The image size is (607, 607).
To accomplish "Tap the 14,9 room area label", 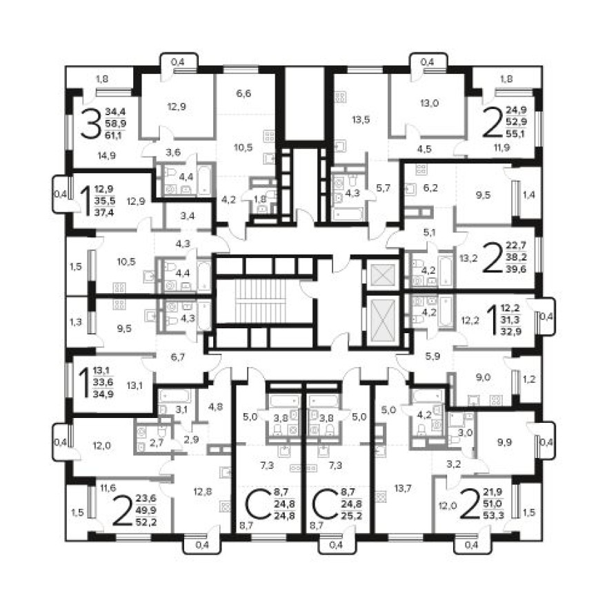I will point(107,155).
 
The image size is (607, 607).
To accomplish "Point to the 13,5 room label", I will point(361,119).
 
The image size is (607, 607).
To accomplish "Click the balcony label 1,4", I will point(528,196).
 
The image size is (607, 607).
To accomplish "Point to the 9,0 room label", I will point(483,377).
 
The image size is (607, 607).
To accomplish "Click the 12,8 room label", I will point(202,491).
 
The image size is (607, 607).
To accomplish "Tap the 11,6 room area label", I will point(107,488).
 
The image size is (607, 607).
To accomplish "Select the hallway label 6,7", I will point(178,357).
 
